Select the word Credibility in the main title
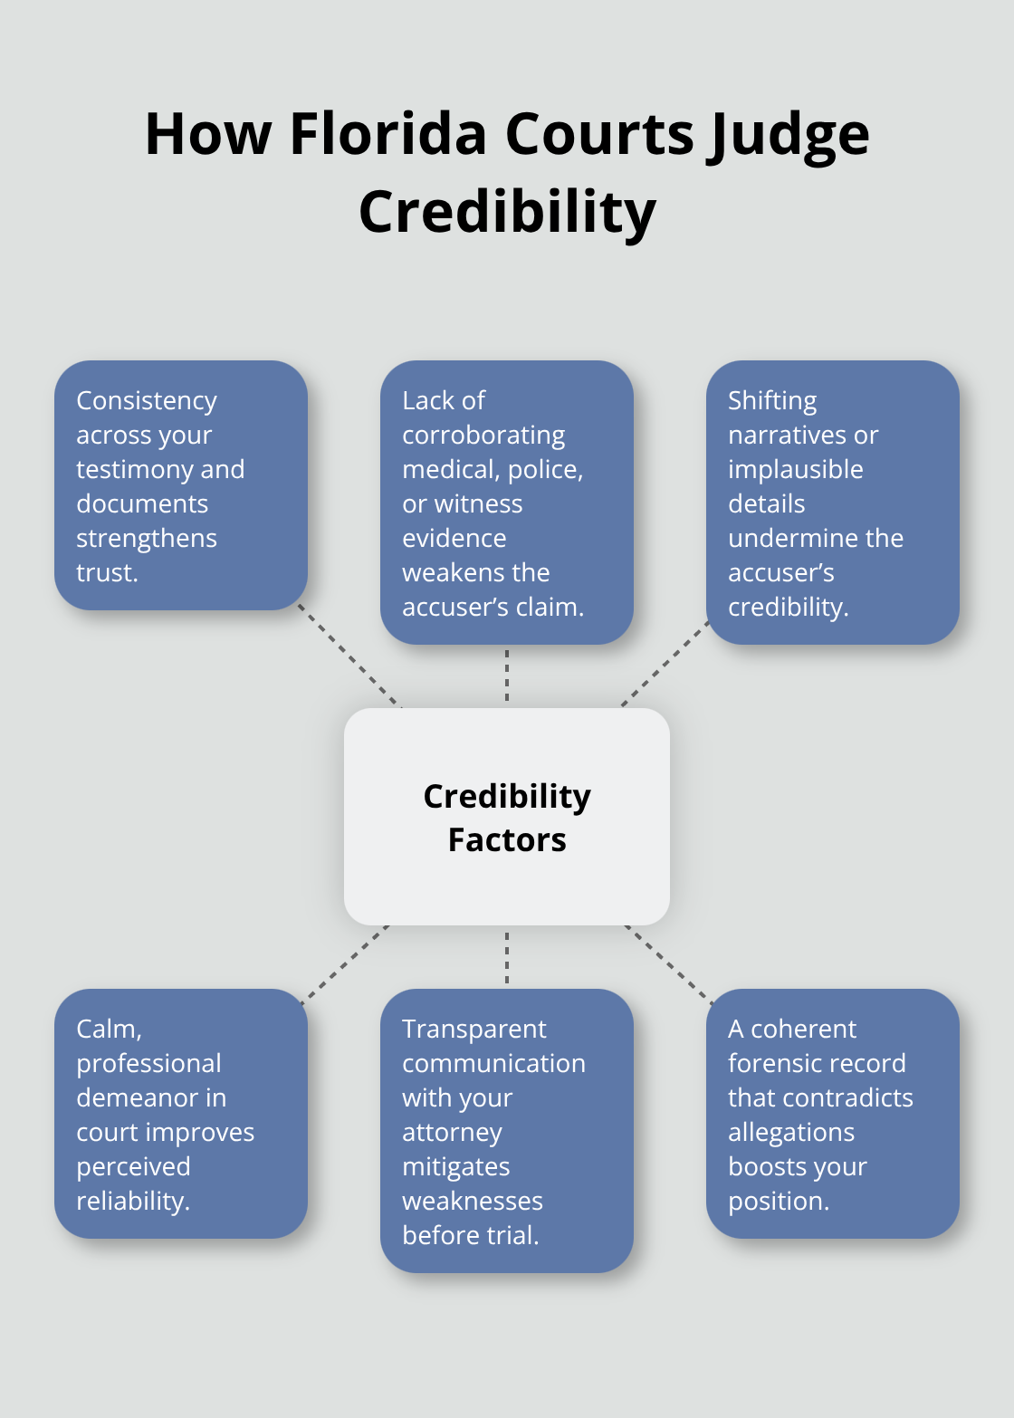[507, 212]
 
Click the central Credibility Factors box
[507, 817]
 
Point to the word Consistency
[147, 400]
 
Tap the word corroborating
[483, 436]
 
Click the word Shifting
[772, 400]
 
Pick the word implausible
[795, 469]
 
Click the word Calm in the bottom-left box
[108, 1029]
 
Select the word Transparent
[474, 1029]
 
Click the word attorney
[452, 1133]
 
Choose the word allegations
[790, 1133]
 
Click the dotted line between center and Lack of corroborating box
[507, 675]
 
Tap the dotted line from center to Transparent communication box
[507, 956]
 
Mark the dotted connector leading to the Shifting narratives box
[665, 665]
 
